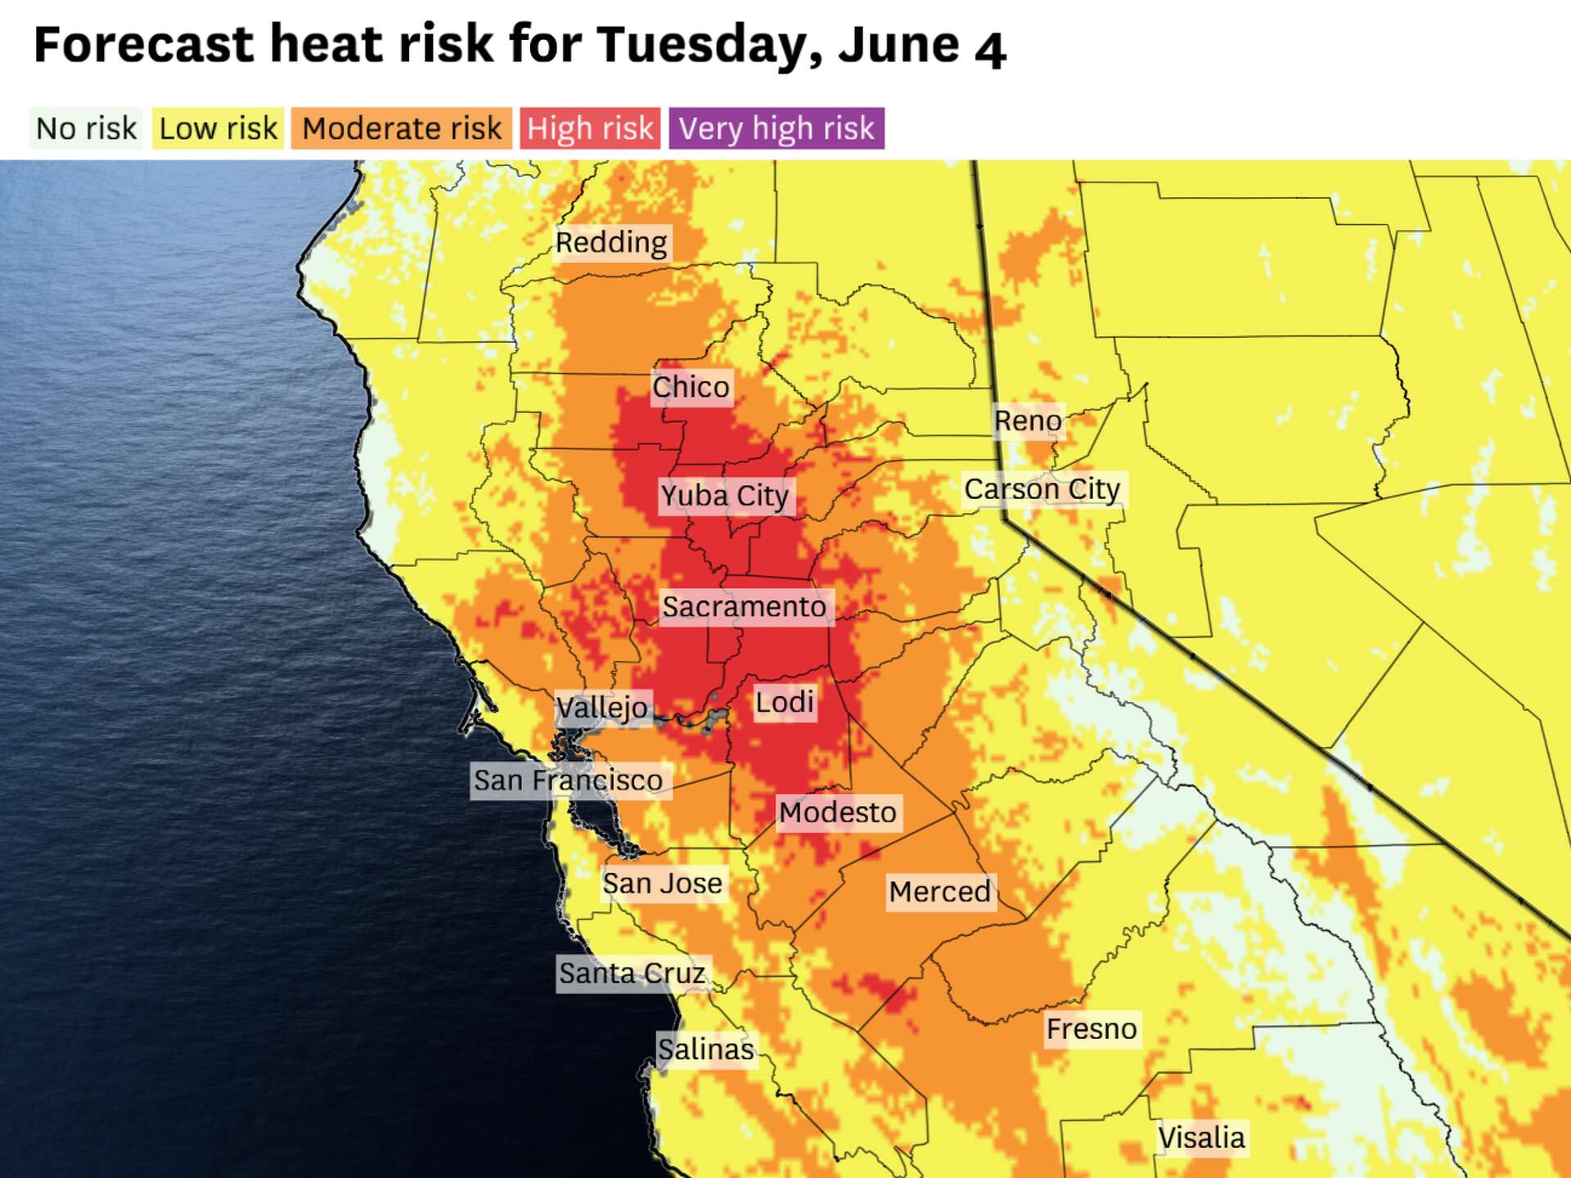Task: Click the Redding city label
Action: pyautogui.click(x=611, y=243)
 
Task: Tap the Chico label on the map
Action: pyautogui.click(x=691, y=387)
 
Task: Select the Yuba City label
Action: pyautogui.click(x=725, y=496)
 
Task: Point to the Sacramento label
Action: pyautogui.click(x=745, y=607)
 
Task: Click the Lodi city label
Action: pyautogui.click(x=784, y=703)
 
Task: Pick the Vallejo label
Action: pyautogui.click(x=602, y=708)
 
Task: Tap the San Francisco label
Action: pyautogui.click(x=569, y=780)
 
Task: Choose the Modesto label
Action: pyautogui.click(x=838, y=812)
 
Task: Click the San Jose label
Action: pyautogui.click(x=663, y=883)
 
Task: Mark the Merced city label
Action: pyautogui.click(x=939, y=892)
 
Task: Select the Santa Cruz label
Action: pyautogui.click(x=632, y=973)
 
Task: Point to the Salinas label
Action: pyautogui.click(x=705, y=1050)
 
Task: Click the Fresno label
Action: pyautogui.click(x=1092, y=1029)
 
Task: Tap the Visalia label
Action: pyautogui.click(x=1201, y=1138)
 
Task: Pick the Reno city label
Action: pyautogui.click(x=1028, y=421)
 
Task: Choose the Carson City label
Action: pyautogui.click(x=1042, y=489)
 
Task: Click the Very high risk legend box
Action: pyautogui.click(x=776, y=128)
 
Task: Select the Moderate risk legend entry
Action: pyautogui.click(x=401, y=128)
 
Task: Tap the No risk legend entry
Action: pyautogui.click(x=86, y=128)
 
